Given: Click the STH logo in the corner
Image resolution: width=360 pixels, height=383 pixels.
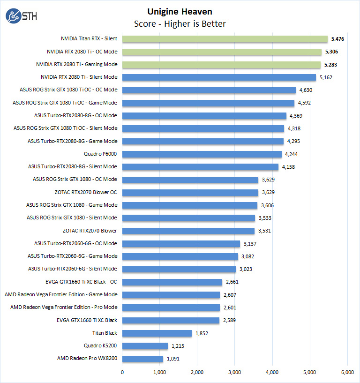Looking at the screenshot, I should tap(21, 16).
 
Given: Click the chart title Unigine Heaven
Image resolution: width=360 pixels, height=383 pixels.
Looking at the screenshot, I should tap(180, 11).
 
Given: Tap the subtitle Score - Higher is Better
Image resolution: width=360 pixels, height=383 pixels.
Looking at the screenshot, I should tap(180, 23).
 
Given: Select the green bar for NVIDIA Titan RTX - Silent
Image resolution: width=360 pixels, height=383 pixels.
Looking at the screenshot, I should tap(225, 39).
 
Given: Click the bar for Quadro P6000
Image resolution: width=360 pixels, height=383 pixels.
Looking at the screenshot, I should tap(202, 154).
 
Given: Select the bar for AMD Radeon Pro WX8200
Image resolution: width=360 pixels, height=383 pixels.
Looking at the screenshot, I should tap(143, 359).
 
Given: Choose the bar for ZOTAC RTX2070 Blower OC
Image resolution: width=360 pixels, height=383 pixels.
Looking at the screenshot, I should tap(190, 192).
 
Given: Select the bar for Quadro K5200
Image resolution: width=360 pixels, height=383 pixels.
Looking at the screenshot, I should tap(145, 346).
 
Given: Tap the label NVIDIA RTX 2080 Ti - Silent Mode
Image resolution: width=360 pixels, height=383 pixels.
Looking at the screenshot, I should tap(79, 77).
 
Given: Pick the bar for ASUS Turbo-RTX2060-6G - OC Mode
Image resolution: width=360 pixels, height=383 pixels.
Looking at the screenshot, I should tap(181, 243).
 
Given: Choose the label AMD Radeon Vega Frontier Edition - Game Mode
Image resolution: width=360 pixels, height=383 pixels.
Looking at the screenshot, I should tap(60, 294).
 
